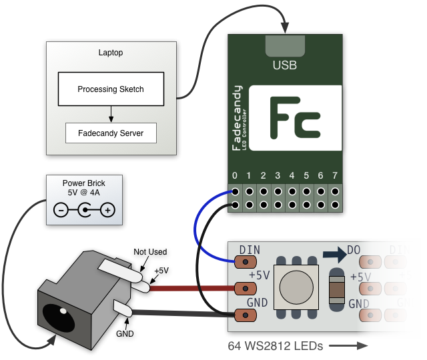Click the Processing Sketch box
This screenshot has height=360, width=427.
[111, 89]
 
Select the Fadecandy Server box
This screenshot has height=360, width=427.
[111, 133]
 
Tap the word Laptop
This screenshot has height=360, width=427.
[111, 53]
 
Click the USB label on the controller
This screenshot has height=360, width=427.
[285, 65]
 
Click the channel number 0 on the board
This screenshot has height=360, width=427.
[234, 176]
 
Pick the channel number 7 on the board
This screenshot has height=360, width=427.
[336, 176]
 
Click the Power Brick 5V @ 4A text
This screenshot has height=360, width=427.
[84, 187]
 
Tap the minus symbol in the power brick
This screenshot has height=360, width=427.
[60, 211]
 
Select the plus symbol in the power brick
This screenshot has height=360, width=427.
[107, 211]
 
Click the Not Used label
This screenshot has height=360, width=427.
[149, 251]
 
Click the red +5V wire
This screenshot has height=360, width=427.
[193, 288]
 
